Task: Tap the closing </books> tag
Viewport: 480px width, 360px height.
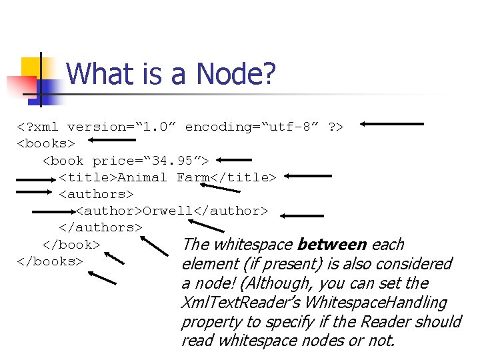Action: (49, 261)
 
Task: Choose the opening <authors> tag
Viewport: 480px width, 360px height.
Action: (96, 194)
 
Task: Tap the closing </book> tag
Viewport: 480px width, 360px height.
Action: (71, 244)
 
